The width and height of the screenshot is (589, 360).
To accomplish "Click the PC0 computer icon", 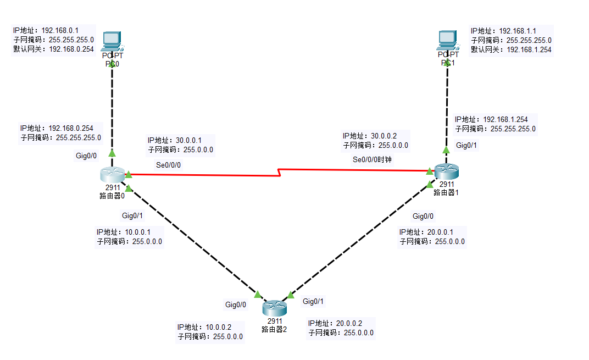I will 112,40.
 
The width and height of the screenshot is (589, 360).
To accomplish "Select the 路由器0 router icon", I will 113,175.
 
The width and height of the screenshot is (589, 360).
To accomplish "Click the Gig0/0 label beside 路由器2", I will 236,304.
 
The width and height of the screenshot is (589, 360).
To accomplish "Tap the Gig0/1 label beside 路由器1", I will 466,146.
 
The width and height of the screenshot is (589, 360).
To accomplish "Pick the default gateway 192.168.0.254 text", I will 71,49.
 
